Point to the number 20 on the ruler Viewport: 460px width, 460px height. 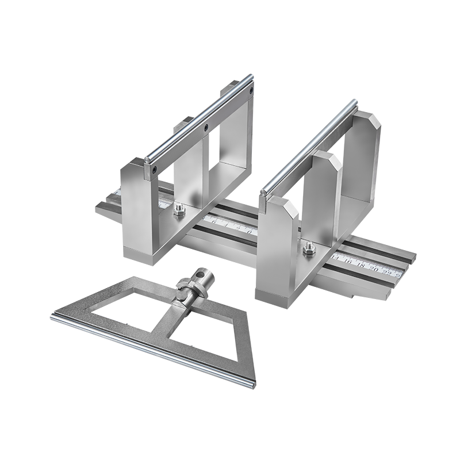pos(375,269)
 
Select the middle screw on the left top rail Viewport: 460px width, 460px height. pos(205,128)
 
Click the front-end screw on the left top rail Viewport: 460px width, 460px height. pos(154,168)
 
